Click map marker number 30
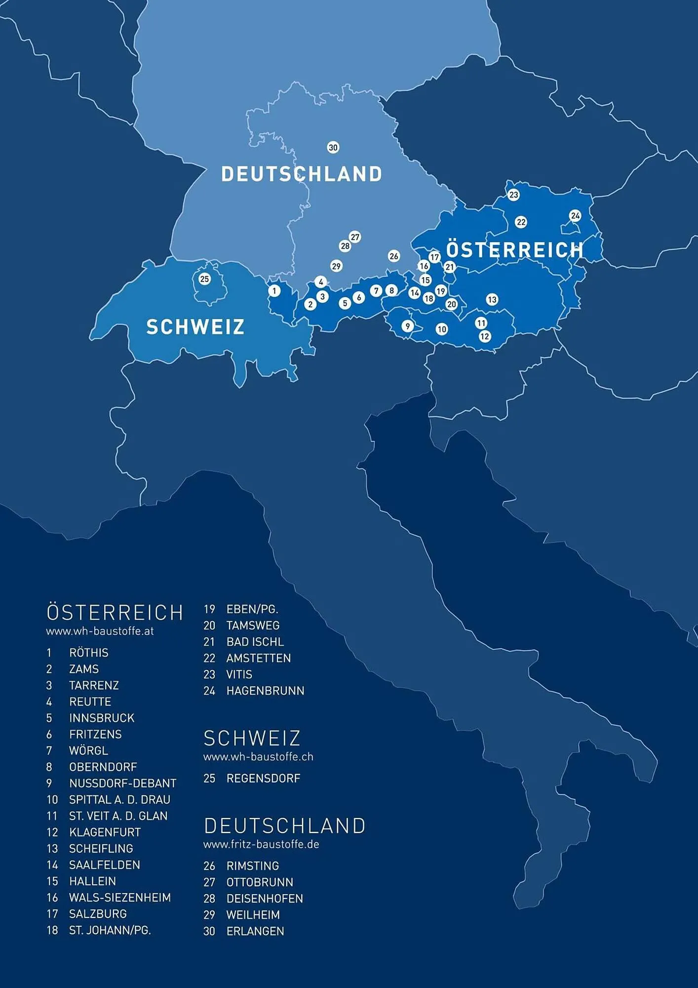point(333,148)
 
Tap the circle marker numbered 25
point(204,279)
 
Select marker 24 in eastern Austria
point(575,216)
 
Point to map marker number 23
point(513,195)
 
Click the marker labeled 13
point(492,299)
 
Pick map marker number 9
point(407,326)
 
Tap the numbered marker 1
point(274,291)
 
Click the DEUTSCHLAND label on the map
point(301,174)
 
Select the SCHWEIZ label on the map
point(195,327)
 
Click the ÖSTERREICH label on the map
point(514,249)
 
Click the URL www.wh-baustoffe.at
point(100,631)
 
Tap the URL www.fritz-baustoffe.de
point(261,844)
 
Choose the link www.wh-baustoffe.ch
point(258,757)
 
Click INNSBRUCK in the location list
point(102,718)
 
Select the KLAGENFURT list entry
point(105,832)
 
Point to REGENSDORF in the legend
point(263,779)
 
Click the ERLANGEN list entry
point(255,931)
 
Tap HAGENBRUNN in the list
point(265,691)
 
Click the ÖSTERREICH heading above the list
point(115,613)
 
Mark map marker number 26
point(393,256)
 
